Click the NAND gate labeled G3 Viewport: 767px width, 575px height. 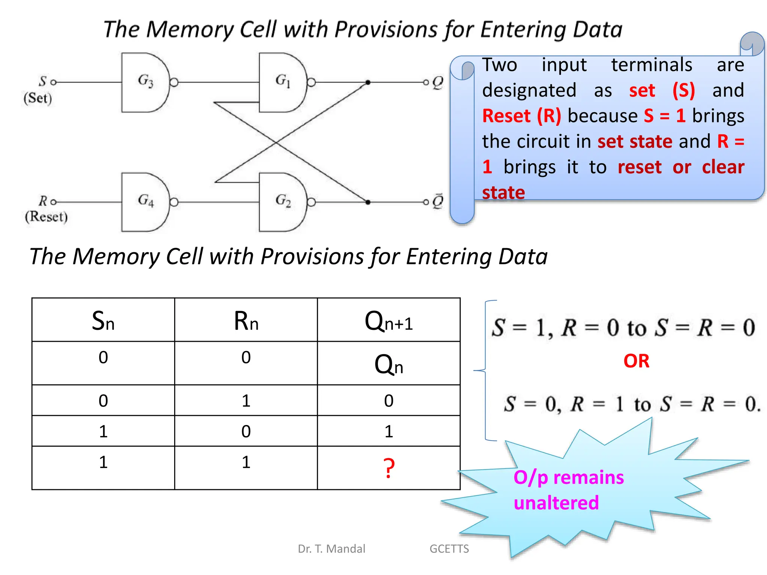click(x=144, y=82)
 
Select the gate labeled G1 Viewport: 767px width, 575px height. click(x=282, y=82)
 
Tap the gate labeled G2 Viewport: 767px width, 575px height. click(x=282, y=202)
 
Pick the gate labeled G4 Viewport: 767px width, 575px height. click(x=144, y=202)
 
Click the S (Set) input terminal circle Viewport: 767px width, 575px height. click(x=53, y=82)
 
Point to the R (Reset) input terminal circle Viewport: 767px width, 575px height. click(x=53, y=202)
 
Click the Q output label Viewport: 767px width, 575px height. click(x=437, y=82)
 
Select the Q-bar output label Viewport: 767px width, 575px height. click(x=437, y=201)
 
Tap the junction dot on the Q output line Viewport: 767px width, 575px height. click(x=368, y=82)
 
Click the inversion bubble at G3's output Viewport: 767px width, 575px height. click(x=174, y=82)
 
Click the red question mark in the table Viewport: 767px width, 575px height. click(x=389, y=468)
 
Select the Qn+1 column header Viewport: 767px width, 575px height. click(x=389, y=321)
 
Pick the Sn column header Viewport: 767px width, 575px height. click(x=103, y=321)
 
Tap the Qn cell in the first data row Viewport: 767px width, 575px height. click(x=389, y=364)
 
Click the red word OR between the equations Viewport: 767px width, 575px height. click(x=636, y=361)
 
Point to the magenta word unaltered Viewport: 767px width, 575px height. click(x=556, y=502)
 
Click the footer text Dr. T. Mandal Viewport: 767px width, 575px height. click(x=331, y=549)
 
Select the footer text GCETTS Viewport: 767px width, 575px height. click(x=449, y=549)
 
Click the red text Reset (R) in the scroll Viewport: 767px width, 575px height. click(x=521, y=116)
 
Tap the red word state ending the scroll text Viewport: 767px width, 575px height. click(x=503, y=192)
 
